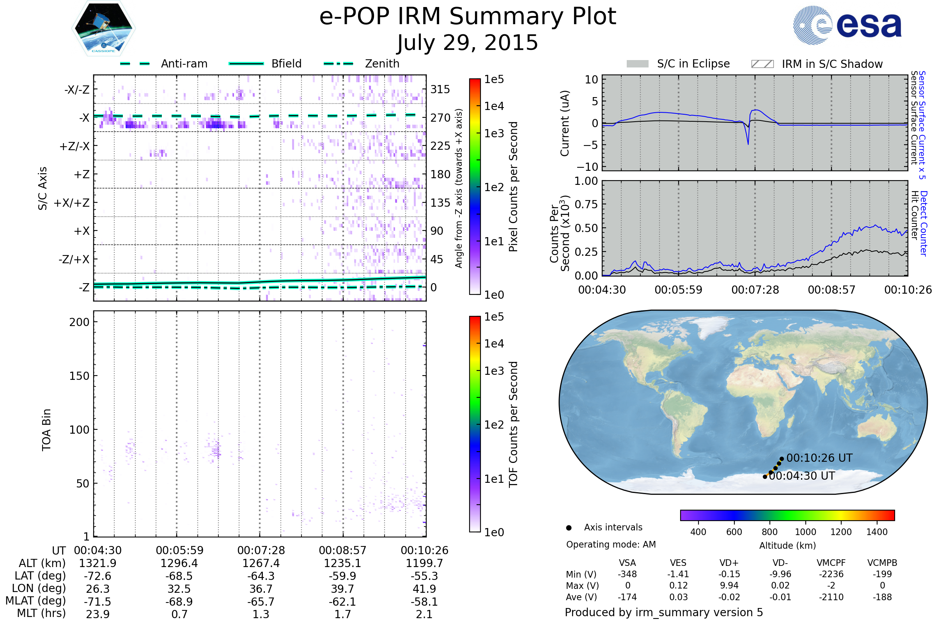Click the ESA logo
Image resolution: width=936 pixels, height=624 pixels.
(x=847, y=25)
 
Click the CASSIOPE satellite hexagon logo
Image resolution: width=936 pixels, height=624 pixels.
(x=103, y=28)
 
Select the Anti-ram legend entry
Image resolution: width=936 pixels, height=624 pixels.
(x=163, y=64)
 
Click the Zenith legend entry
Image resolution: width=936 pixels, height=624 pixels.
(x=362, y=64)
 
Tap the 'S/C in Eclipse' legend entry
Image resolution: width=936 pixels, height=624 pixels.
(x=678, y=64)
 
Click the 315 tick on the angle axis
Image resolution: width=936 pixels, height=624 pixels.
(x=440, y=89)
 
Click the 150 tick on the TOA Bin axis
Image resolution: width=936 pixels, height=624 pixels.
(x=79, y=376)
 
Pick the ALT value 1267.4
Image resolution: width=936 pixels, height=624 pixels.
(x=261, y=563)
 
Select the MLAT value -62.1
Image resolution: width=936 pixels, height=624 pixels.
(x=342, y=601)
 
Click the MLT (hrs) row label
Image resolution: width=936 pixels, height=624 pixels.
(x=41, y=613)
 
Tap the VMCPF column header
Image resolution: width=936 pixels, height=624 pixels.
(x=831, y=563)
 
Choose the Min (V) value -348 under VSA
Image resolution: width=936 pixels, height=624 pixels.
(x=627, y=574)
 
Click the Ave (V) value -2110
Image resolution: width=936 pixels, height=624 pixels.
(x=831, y=597)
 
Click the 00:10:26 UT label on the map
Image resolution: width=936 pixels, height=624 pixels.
(x=819, y=458)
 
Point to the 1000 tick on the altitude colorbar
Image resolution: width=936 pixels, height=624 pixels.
(x=805, y=532)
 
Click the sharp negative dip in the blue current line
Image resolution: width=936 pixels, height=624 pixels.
(x=748, y=144)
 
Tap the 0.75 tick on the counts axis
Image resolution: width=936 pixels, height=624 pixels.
(x=586, y=204)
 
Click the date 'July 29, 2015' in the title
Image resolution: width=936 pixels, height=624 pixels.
(x=468, y=43)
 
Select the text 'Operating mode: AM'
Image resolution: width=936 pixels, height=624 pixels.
(x=611, y=544)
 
